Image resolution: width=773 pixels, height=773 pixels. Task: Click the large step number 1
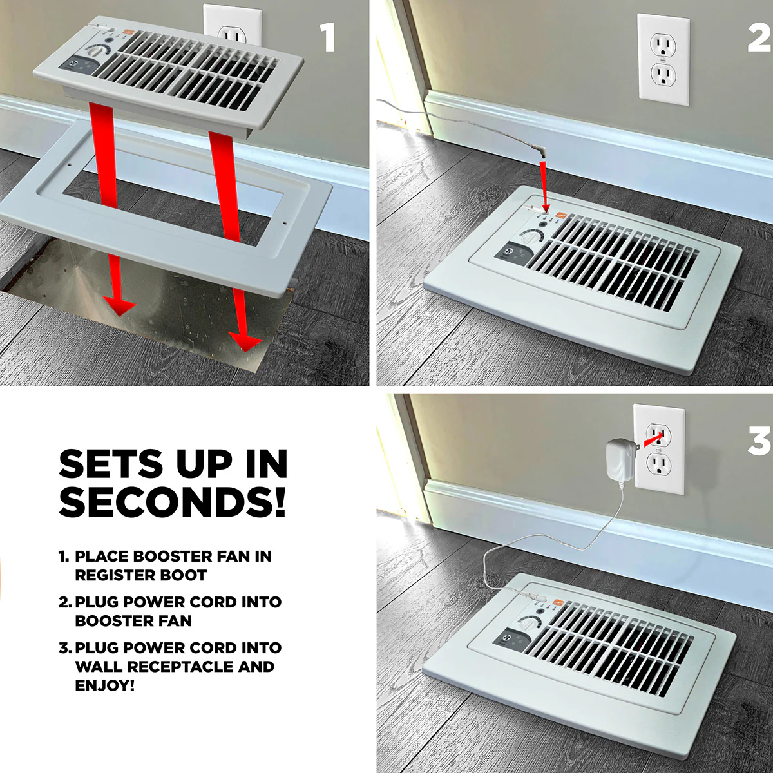pos(329,37)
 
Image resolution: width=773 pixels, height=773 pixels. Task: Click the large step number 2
pos(759,37)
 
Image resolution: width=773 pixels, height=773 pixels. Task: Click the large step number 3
pos(759,441)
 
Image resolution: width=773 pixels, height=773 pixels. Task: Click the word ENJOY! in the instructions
pos(104,685)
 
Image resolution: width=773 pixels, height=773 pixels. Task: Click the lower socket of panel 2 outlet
pos(663,75)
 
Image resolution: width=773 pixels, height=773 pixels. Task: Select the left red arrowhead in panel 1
pos(119,306)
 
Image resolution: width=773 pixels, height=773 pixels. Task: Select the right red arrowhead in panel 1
pos(245,342)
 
